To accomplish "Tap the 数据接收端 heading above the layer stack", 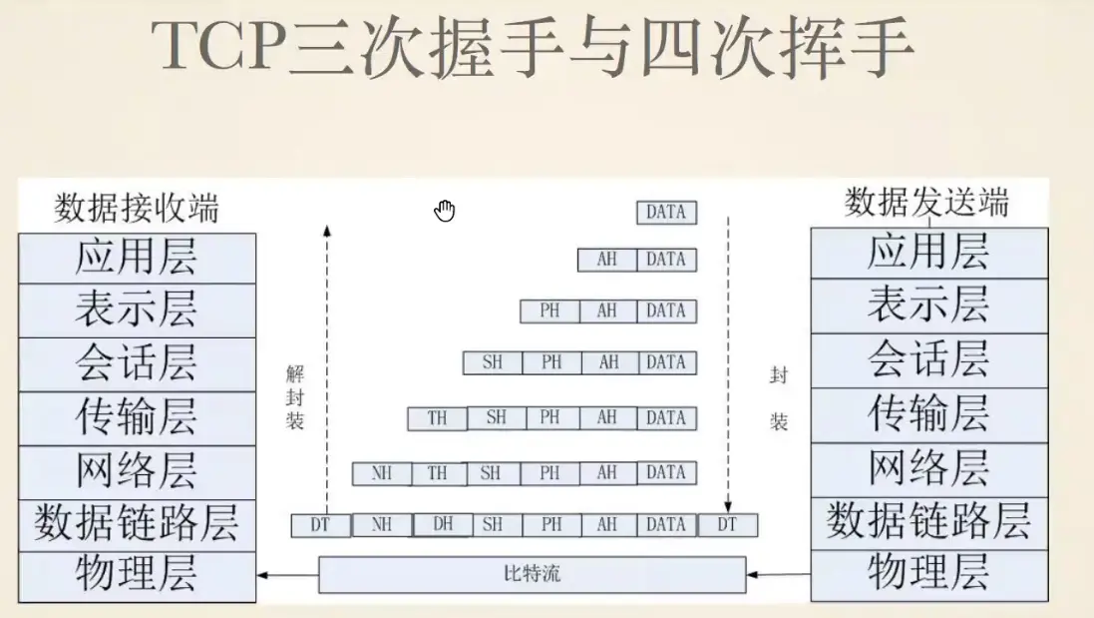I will (137, 209).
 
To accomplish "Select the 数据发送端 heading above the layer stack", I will (926, 202).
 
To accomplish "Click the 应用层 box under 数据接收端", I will (137, 259).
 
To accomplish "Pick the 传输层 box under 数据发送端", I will (928, 414).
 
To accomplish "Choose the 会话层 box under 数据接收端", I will (137, 364).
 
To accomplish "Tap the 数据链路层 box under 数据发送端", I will (928, 521).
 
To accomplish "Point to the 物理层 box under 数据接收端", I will (137, 574).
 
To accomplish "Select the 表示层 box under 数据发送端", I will (928, 306).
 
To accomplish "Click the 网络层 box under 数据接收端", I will (137, 469).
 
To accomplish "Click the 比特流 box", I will (532, 574).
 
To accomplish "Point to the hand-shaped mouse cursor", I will (445, 210).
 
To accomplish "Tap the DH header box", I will (442, 523).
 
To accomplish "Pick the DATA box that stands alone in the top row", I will (666, 212).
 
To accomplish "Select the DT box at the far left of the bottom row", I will (319, 524).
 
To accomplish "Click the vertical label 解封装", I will (294, 397).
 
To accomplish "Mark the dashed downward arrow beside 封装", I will (728, 359).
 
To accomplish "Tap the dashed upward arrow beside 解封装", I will (327, 369).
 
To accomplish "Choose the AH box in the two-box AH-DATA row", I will (607, 260).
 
